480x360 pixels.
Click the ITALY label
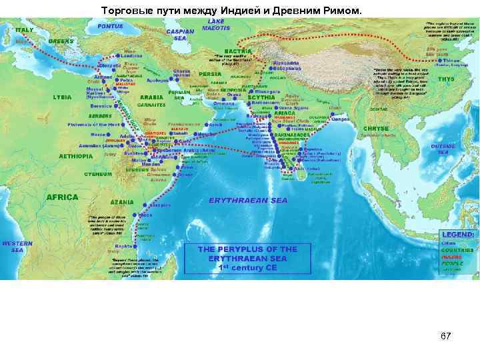(24, 30)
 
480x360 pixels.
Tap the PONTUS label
(110, 26)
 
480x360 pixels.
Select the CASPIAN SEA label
(180, 35)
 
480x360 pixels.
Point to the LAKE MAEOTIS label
(221, 25)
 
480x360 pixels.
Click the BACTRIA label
(238, 51)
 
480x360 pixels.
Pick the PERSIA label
(211, 73)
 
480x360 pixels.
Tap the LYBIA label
(62, 97)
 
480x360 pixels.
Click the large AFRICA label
(62, 197)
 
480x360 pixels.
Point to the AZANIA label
(122, 201)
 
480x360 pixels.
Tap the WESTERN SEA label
(16, 247)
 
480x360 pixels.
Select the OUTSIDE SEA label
(443, 148)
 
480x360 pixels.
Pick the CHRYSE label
(375, 128)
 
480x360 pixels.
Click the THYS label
(446, 79)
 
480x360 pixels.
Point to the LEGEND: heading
(457, 235)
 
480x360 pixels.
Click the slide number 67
(445, 336)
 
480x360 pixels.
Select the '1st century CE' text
(247, 267)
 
